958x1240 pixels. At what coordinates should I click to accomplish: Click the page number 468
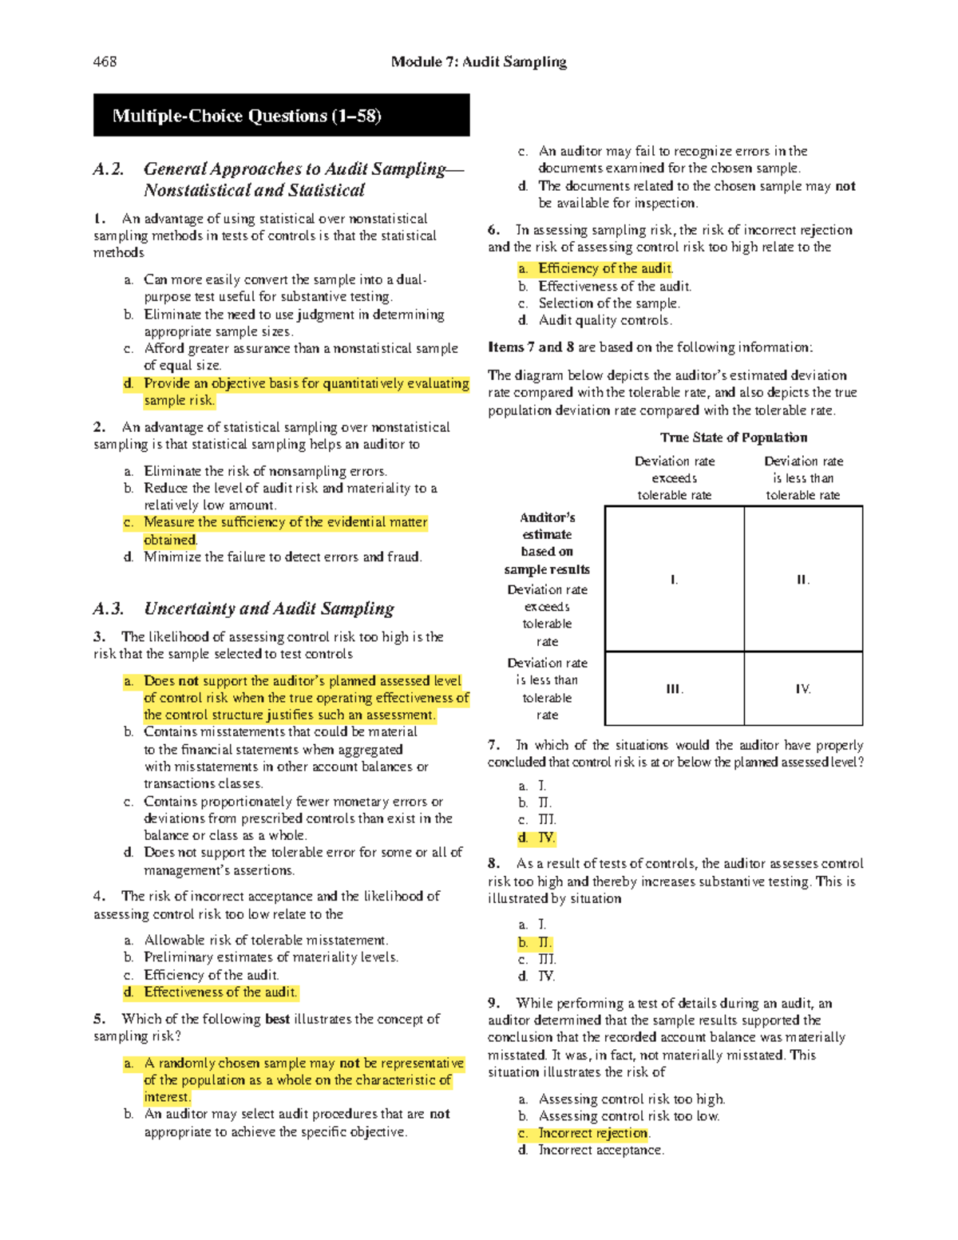(x=105, y=61)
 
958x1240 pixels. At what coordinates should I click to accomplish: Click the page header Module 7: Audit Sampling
(x=478, y=61)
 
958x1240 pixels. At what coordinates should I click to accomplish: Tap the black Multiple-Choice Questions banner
(x=281, y=116)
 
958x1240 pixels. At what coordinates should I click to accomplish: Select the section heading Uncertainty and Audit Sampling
(x=268, y=608)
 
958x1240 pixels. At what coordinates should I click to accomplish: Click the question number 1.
(x=98, y=219)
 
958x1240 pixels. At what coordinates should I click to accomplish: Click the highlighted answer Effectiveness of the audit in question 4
(x=220, y=992)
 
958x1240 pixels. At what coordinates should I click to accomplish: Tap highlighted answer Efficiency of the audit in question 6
(x=604, y=268)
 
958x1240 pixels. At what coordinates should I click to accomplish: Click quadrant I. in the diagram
(x=675, y=580)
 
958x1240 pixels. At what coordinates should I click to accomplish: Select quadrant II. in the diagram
(x=803, y=580)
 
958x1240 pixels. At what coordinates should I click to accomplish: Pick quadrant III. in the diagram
(x=675, y=689)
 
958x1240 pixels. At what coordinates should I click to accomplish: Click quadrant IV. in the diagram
(x=803, y=689)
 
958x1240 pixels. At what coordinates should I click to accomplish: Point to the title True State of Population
(x=733, y=438)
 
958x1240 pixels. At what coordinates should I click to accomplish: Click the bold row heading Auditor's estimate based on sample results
(x=547, y=543)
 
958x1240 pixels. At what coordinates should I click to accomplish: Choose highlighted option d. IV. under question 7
(x=537, y=838)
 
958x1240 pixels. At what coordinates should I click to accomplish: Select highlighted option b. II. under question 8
(x=536, y=942)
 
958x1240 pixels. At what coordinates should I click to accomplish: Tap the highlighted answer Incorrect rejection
(x=592, y=1133)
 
